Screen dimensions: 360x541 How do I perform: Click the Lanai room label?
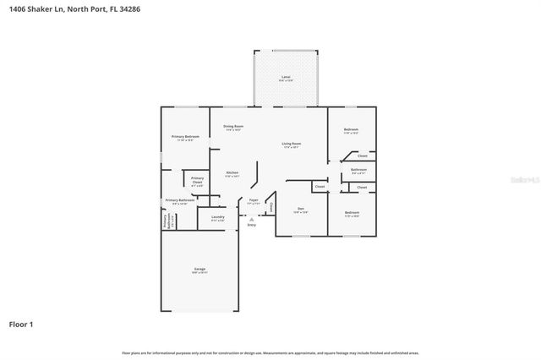(286, 78)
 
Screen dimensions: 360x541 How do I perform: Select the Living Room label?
(292, 145)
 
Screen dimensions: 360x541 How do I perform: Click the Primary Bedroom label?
(185, 138)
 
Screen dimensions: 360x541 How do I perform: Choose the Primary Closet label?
(197, 180)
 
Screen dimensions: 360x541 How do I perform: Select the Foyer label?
(253, 201)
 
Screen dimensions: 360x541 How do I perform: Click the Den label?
(300, 210)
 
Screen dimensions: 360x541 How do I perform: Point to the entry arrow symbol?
(251, 218)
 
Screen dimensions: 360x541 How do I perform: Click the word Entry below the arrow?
(251, 226)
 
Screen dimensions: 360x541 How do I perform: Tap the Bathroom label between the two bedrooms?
(358, 171)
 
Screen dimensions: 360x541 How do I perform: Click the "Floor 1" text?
(21, 324)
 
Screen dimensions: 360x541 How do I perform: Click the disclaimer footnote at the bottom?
(270, 352)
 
